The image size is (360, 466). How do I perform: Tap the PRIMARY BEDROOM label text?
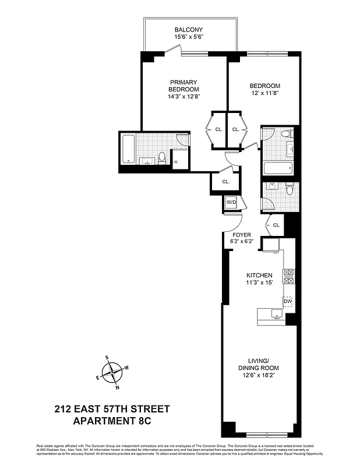184,86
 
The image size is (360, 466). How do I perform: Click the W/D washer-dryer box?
231,203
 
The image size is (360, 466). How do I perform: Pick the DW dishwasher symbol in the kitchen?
287,301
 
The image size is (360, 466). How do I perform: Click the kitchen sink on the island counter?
276,315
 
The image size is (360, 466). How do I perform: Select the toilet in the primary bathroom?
163,158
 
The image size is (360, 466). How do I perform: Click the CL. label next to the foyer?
277,225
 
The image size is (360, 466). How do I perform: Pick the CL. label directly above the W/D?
225,182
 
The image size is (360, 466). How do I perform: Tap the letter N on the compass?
118,387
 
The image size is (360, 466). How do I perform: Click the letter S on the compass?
107,357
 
